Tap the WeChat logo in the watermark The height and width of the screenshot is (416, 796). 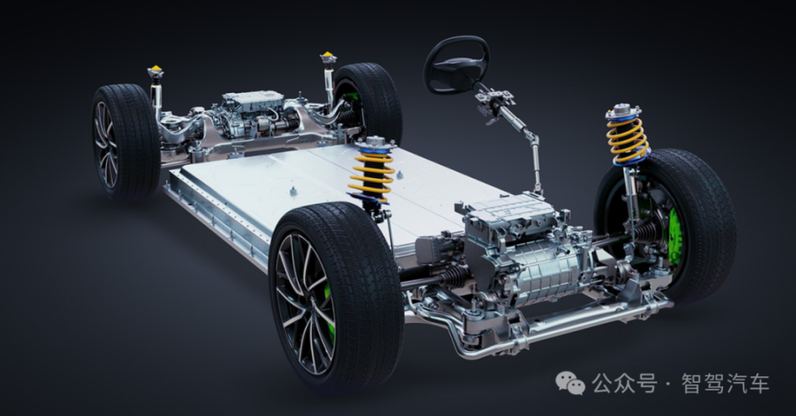click(570, 383)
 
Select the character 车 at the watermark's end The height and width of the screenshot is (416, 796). click(758, 384)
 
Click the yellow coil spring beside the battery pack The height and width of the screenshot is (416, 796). click(371, 173)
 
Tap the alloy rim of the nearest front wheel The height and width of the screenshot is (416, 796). click(303, 302)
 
